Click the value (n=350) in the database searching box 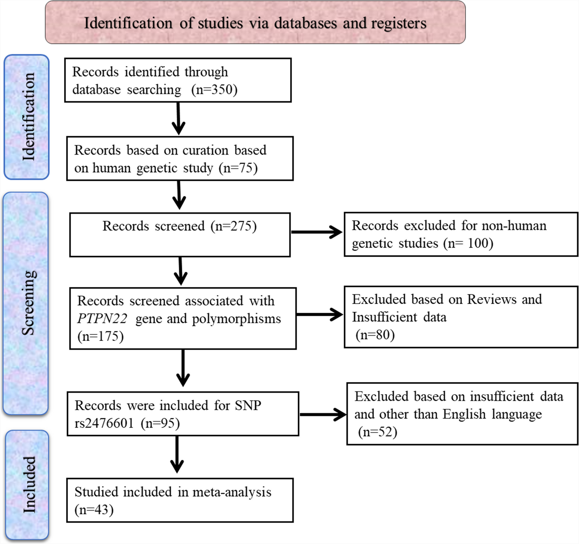pos(214,90)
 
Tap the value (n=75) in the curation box pos(238,168)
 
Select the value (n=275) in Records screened pos(234,226)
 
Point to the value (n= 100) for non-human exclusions pos(468,244)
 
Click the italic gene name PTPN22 pos(102,319)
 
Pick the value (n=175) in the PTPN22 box pos(101,336)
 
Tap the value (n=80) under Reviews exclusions pos(375,335)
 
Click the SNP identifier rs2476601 pos(104,424)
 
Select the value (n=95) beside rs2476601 pos(160,424)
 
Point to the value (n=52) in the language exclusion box pos(378,432)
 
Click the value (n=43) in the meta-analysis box pos(94,510)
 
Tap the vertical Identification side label pos(28,117)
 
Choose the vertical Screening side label pos(28,303)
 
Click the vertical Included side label pos(29,485)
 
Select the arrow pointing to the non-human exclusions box pos(316,232)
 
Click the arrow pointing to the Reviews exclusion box pos(319,314)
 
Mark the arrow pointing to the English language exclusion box pos(323,415)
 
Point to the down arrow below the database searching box pos(178,118)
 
